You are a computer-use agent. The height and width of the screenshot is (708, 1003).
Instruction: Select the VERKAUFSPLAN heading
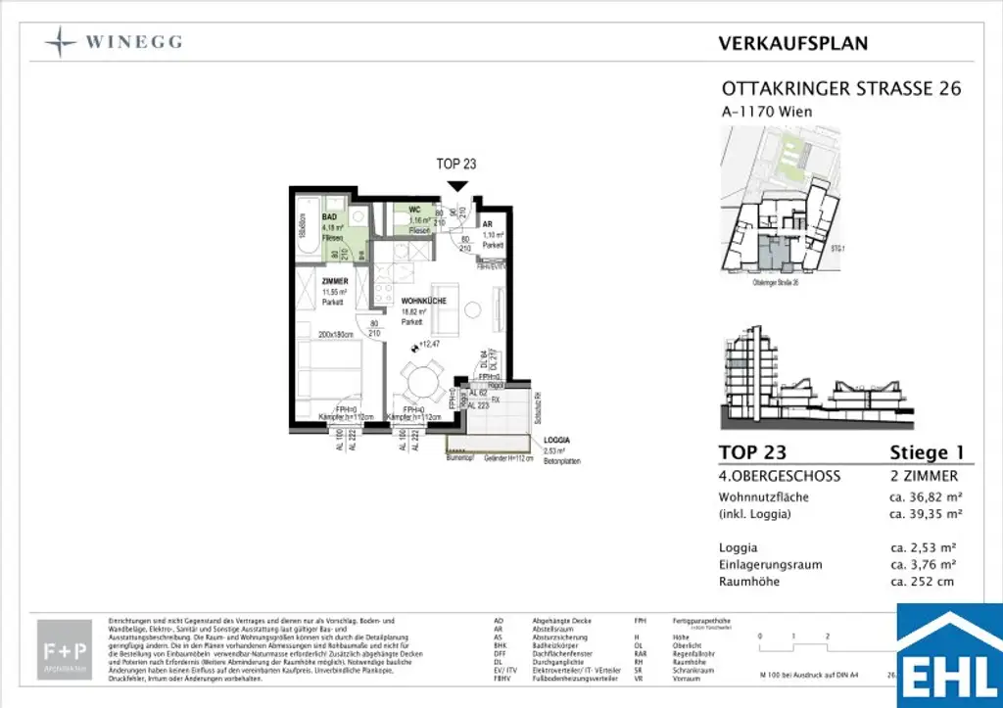coord(792,43)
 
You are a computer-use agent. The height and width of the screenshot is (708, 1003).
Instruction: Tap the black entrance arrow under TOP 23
coord(456,185)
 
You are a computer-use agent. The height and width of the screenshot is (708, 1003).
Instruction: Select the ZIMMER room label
coord(336,280)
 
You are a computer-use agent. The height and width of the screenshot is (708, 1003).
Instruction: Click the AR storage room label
coord(487,224)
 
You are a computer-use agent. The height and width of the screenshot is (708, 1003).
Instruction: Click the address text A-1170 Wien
coord(766,112)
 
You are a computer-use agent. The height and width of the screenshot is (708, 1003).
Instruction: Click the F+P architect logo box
coord(65,648)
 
